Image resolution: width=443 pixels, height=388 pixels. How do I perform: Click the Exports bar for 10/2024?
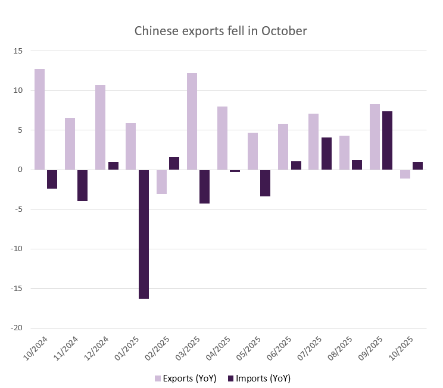pyautogui.click(x=39, y=119)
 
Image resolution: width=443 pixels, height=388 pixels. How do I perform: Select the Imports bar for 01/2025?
pyautogui.click(x=143, y=234)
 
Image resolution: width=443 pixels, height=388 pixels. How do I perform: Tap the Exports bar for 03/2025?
pyautogui.click(x=192, y=121)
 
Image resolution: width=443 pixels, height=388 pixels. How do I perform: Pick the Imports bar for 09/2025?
pyautogui.click(x=387, y=140)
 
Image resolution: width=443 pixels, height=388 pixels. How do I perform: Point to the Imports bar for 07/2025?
pyautogui.click(x=326, y=154)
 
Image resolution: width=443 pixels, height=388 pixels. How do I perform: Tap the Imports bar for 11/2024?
pyautogui.click(x=83, y=185)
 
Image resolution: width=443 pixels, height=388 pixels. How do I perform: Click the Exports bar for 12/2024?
pyautogui.click(x=100, y=127)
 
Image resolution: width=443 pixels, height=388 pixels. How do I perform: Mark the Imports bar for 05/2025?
pyautogui.click(x=266, y=183)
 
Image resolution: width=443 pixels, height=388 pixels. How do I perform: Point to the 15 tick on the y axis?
pyautogui.click(x=18, y=51)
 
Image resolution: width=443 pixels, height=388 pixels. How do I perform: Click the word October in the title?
pyautogui.click(x=284, y=31)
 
